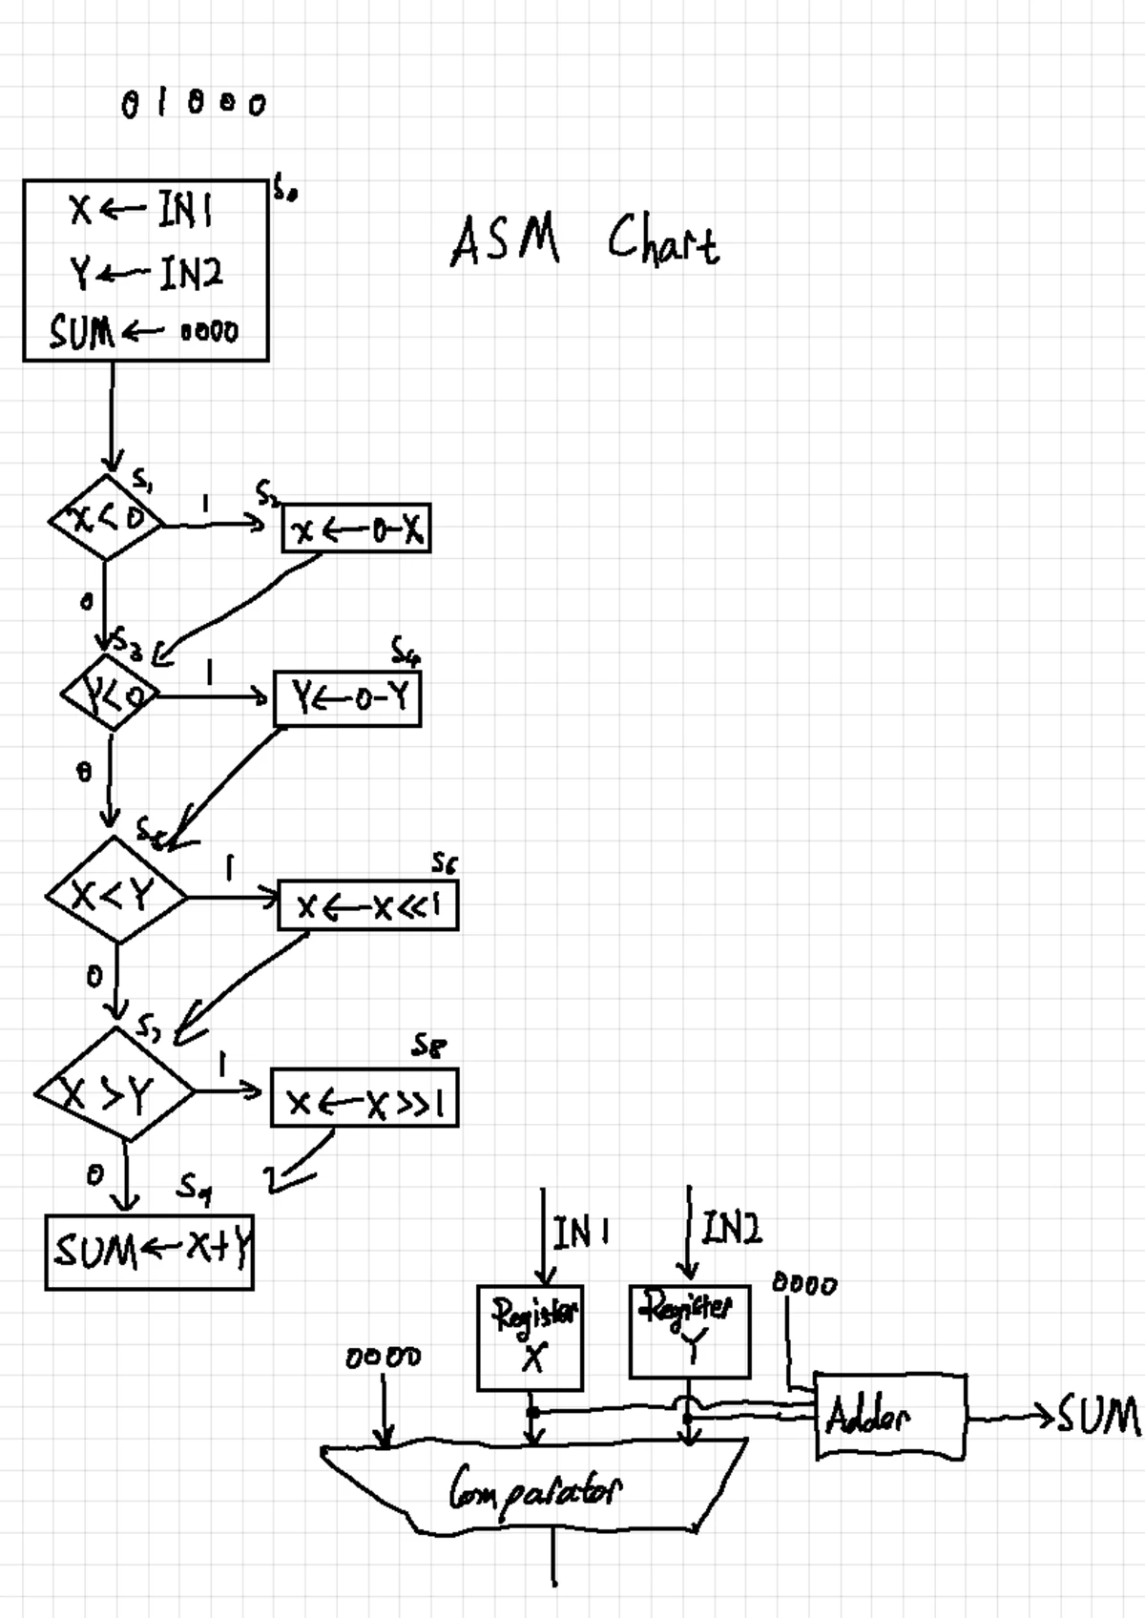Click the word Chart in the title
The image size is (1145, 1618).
[663, 239]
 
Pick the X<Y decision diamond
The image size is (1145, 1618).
[115, 893]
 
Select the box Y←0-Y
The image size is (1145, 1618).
[347, 699]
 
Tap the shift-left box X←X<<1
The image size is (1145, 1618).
[367, 905]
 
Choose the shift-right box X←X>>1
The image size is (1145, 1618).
[364, 1100]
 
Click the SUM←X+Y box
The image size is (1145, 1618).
[150, 1251]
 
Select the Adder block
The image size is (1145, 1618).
[889, 1417]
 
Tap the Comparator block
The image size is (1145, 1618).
[534, 1488]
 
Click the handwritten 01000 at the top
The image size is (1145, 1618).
[194, 103]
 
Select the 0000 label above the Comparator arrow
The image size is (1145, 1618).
[383, 1357]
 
